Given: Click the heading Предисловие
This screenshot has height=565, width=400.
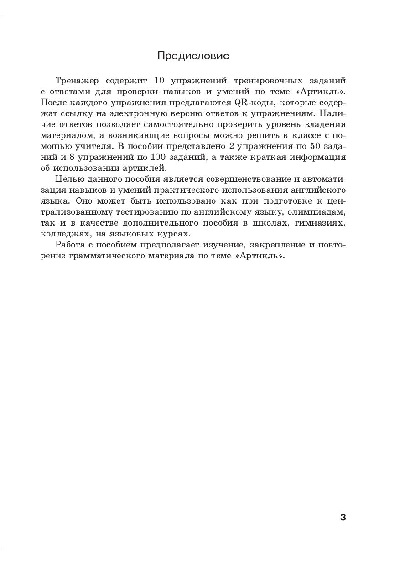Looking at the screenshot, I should tap(193, 56).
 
